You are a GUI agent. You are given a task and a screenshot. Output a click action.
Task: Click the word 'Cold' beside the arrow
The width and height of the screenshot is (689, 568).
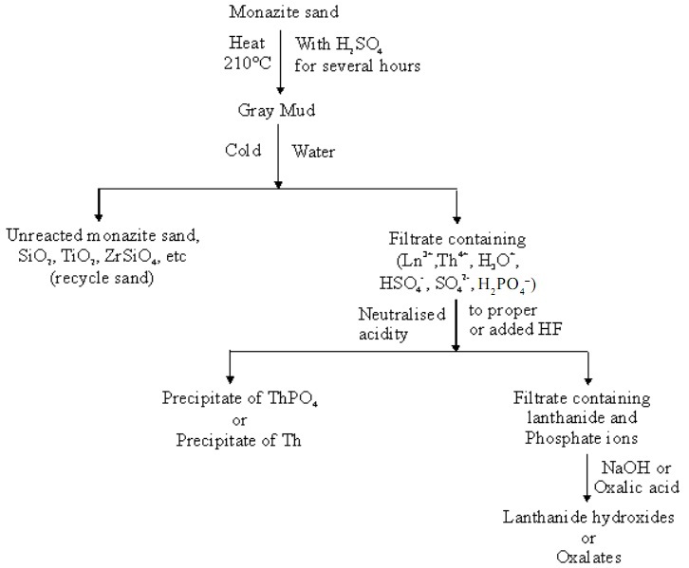(243, 150)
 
